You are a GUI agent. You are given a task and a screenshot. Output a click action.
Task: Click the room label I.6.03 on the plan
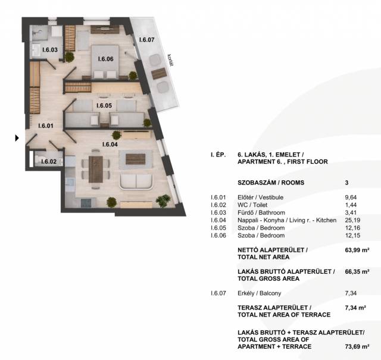point(50,50)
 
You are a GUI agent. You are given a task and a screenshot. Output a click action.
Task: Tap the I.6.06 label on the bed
point(106,59)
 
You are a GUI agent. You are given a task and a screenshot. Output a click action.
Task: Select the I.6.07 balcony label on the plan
point(147,40)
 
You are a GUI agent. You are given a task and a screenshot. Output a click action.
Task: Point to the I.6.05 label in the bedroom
point(104,106)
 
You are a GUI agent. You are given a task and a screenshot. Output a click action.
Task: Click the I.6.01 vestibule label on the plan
point(46,126)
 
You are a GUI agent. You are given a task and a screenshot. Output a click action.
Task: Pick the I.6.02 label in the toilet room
point(49,161)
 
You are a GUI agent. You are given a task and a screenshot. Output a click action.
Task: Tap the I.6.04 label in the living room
point(110,144)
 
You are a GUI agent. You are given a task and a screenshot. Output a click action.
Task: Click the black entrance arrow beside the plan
point(17,138)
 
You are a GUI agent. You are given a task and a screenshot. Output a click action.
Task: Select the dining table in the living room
point(95,170)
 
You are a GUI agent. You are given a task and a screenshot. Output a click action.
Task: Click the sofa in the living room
point(136,181)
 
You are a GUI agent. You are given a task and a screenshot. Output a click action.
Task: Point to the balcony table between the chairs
point(159,73)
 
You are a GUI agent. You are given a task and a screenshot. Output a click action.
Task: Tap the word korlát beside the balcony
point(171,60)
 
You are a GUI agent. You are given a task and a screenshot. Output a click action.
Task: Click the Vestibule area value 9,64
point(351,198)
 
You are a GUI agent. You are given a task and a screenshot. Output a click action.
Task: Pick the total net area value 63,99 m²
point(357,250)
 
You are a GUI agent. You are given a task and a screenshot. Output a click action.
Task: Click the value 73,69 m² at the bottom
point(357,346)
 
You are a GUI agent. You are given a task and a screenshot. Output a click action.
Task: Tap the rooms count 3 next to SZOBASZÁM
point(346,183)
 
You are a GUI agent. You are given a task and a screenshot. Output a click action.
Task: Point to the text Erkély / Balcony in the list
point(260,293)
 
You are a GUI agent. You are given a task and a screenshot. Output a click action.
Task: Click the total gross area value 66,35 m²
point(357,271)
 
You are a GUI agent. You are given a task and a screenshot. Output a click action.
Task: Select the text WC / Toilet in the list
point(252,205)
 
